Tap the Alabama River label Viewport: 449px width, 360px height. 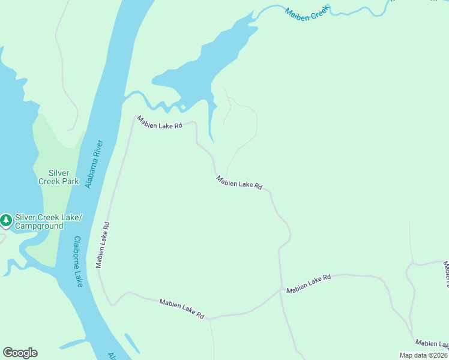(x=94, y=164)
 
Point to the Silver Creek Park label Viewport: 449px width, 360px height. (x=59, y=176)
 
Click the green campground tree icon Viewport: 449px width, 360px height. (x=6, y=221)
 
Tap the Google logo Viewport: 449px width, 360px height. (x=20, y=353)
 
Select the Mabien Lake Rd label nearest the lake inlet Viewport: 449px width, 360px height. (x=159, y=122)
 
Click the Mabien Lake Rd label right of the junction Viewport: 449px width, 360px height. (x=309, y=284)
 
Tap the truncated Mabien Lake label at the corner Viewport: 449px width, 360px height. (x=432, y=343)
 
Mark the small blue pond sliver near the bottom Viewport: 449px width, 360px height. (x=132, y=343)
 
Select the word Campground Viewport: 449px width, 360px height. (x=39, y=226)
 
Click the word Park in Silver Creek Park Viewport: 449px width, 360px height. (x=70, y=181)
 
